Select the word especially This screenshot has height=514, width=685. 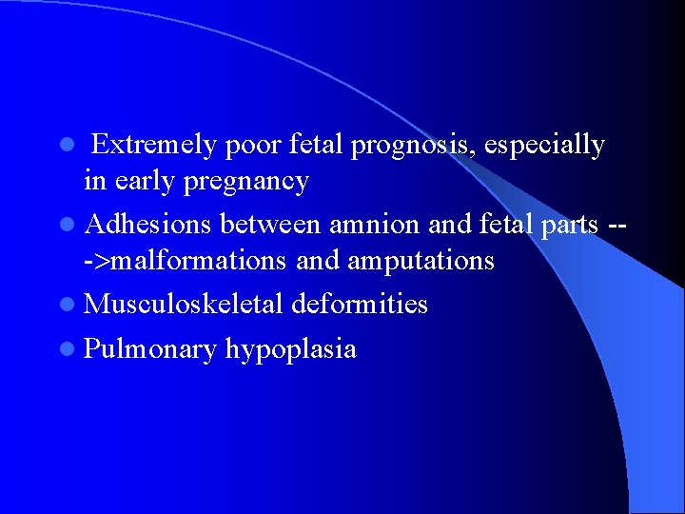544,146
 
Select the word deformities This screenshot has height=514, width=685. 360,305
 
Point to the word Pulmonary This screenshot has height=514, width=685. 150,349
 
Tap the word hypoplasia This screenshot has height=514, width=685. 291,349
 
